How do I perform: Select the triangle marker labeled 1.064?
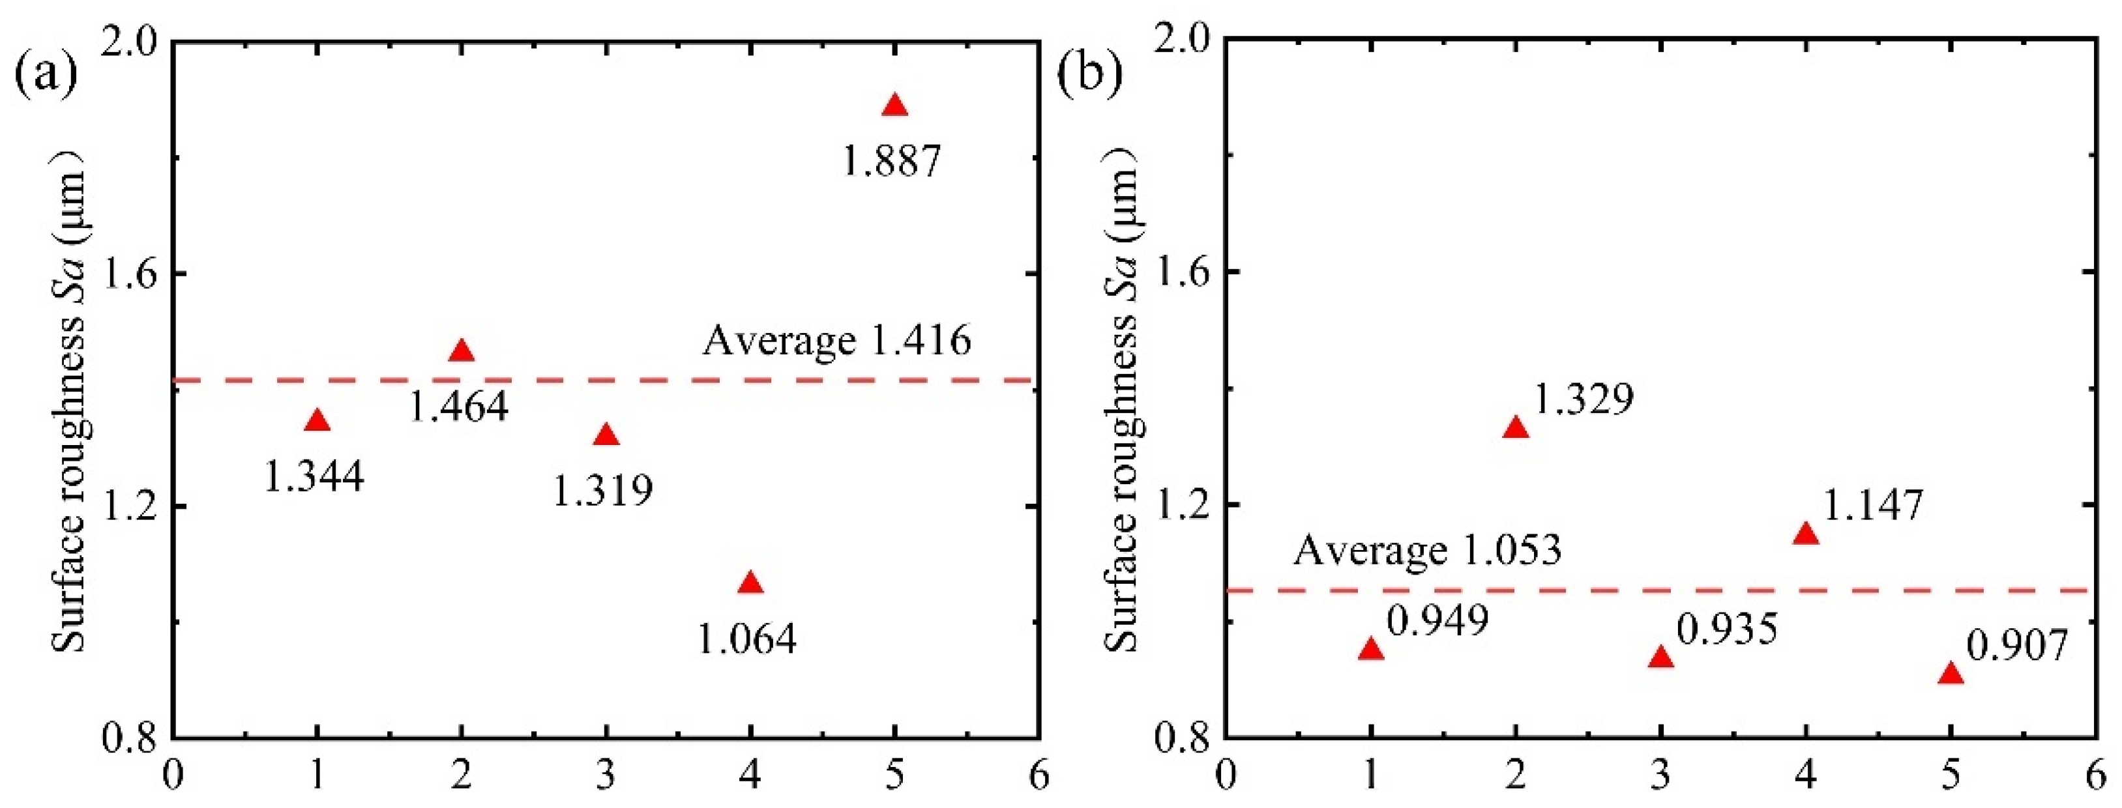[750, 584]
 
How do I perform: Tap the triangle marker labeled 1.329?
[1516, 428]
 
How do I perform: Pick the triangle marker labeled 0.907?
[1950, 674]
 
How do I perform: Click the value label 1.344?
[314, 476]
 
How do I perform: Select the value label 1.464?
[459, 406]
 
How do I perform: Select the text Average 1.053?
[1427, 550]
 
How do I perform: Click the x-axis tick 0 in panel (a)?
[173, 777]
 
